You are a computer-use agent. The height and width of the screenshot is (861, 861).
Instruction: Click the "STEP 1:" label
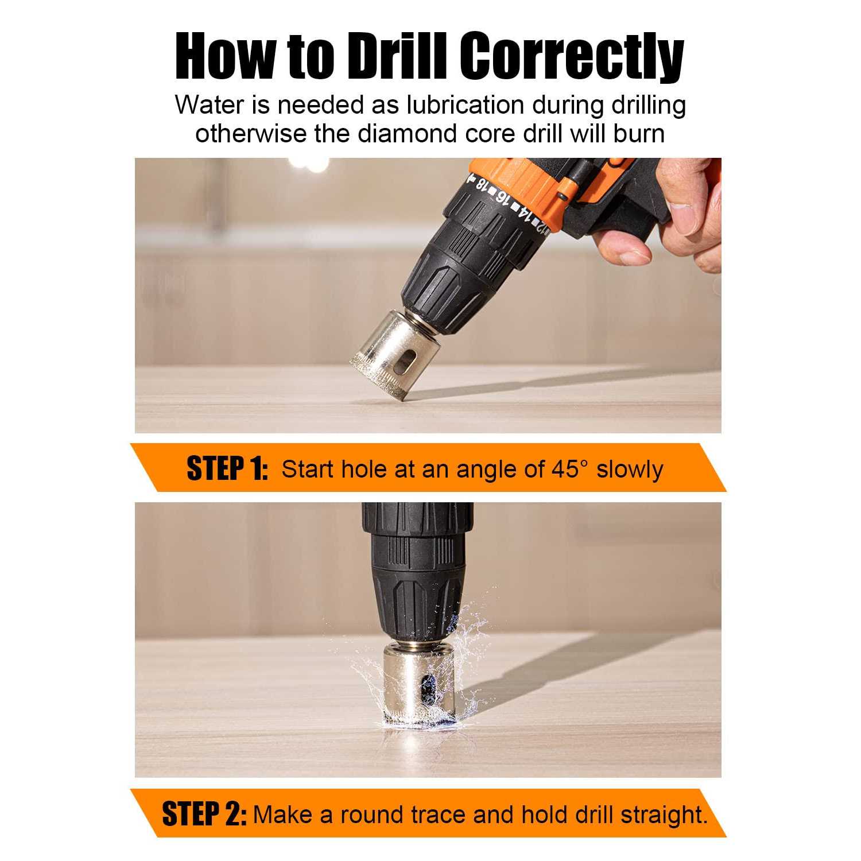click(227, 468)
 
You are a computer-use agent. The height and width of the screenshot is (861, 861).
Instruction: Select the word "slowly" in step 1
click(630, 469)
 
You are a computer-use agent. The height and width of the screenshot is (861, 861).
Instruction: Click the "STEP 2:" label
click(204, 814)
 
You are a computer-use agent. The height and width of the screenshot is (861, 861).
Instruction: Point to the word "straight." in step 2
click(664, 815)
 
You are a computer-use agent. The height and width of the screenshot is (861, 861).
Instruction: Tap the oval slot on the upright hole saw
click(428, 689)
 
